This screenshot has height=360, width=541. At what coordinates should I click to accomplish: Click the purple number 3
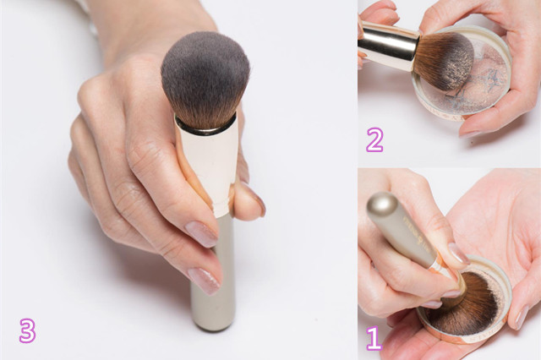pyautogui.click(x=27, y=330)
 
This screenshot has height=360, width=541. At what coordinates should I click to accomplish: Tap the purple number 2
pyautogui.click(x=374, y=139)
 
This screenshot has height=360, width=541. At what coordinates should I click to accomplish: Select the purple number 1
pyautogui.click(x=374, y=338)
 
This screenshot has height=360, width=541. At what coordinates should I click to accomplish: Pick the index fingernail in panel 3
pyautogui.click(x=201, y=234)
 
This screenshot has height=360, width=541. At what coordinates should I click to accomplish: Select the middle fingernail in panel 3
pyautogui.click(x=204, y=281)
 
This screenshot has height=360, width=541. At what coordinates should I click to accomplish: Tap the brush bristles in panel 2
pyautogui.click(x=444, y=60)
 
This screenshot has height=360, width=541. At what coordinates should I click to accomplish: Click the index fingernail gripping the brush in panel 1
pyautogui.click(x=458, y=254)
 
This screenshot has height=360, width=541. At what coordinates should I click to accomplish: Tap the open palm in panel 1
pyautogui.click(x=497, y=221)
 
